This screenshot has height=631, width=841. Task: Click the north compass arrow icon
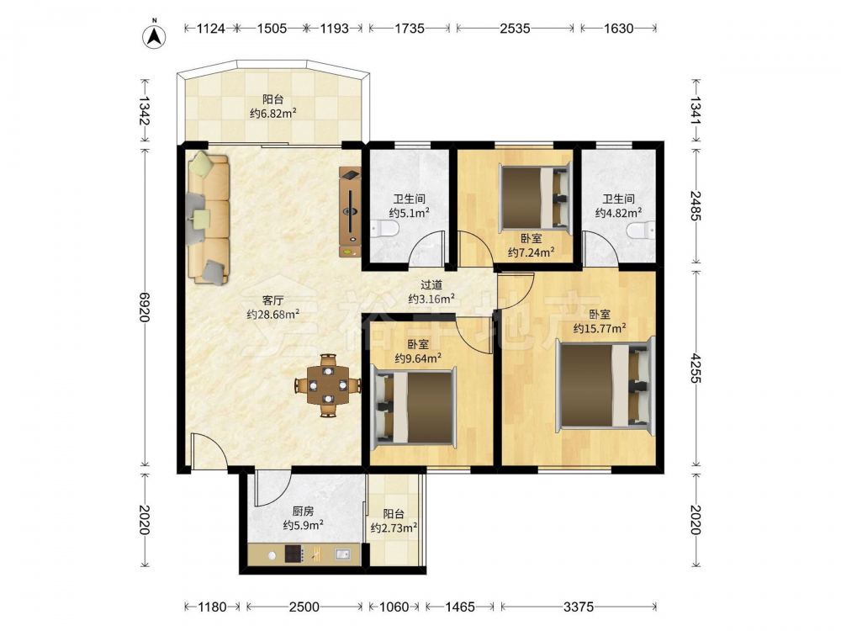[x=154, y=35]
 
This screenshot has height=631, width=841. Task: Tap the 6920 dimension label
[x=144, y=307]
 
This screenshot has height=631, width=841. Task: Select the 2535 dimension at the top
[x=515, y=28]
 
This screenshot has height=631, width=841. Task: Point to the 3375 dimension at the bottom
[x=579, y=607]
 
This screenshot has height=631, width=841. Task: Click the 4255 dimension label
[x=696, y=369]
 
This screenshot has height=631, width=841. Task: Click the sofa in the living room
[x=208, y=218]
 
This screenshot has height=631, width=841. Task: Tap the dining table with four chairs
[x=328, y=385]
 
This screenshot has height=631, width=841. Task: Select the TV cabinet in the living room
[x=350, y=212]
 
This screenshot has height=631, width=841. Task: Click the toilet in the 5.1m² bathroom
[x=384, y=231]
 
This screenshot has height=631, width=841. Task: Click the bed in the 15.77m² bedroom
[x=606, y=384]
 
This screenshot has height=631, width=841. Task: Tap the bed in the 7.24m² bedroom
[x=534, y=198]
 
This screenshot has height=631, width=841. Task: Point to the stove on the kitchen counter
[x=294, y=554]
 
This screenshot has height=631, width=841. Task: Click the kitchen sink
[x=343, y=554]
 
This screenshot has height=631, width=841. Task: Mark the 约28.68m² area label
[x=272, y=315]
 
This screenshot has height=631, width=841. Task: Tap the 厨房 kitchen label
[x=303, y=512]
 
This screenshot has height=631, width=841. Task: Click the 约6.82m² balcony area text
[x=273, y=114]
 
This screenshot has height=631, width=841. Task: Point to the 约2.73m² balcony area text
[x=394, y=528]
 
